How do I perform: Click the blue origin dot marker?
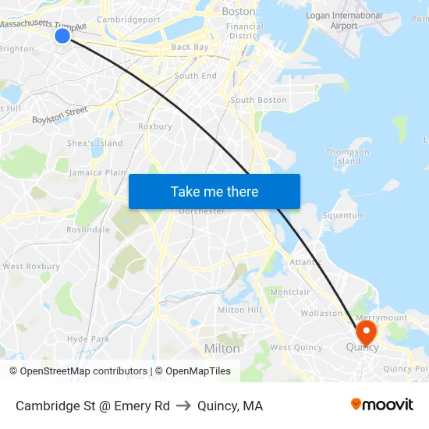tap(62, 35)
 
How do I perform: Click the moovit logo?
tap(381, 405)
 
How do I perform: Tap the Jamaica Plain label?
tap(97, 172)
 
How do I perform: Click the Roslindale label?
tap(88, 230)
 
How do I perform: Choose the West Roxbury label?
tap(31, 267)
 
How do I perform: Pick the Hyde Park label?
tap(88, 339)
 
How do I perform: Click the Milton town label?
tap(222, 348)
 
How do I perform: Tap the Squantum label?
tap(343, 215)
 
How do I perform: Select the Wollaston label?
tap(321, 314)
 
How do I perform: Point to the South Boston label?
tap(258, 101)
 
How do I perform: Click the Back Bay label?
tap(190, 47)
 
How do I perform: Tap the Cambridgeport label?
tap(129, 19)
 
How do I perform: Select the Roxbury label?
tap(154, 126)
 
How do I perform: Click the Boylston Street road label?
tap(60, 115)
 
